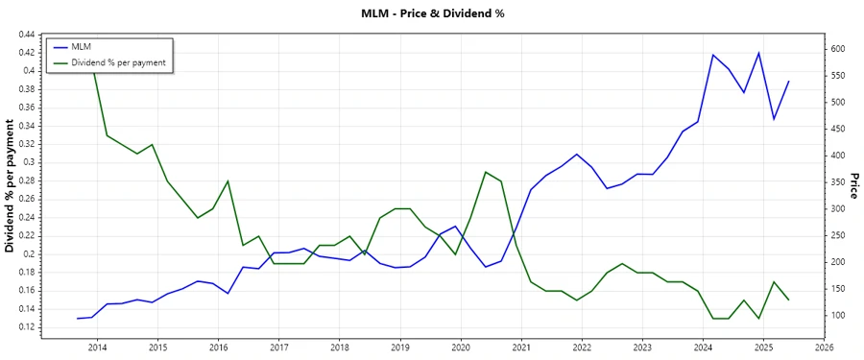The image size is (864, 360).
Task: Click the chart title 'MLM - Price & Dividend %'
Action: click(432, 13)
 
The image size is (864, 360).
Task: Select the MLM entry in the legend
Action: click(81, 46)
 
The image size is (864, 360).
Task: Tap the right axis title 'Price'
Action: click(853, 185)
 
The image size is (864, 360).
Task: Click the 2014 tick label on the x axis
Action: click(97, 347)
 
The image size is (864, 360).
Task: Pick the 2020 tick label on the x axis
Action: click(461, 347)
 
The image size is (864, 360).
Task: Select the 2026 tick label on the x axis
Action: click(824, 347)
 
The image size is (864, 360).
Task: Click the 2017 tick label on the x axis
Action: click(278, 347)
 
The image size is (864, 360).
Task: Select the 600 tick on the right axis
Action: click(837, 49)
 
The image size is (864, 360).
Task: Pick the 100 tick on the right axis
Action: click(837, 316)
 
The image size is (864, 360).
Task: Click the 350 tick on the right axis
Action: click(837, 182)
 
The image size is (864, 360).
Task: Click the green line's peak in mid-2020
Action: click(486, 172)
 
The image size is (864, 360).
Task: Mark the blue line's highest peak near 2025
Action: click(758, 53)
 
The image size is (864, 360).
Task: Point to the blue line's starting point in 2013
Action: click(78, 318)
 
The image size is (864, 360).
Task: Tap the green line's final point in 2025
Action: click(788, 300)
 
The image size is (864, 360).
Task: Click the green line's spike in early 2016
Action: click(228, 181)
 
